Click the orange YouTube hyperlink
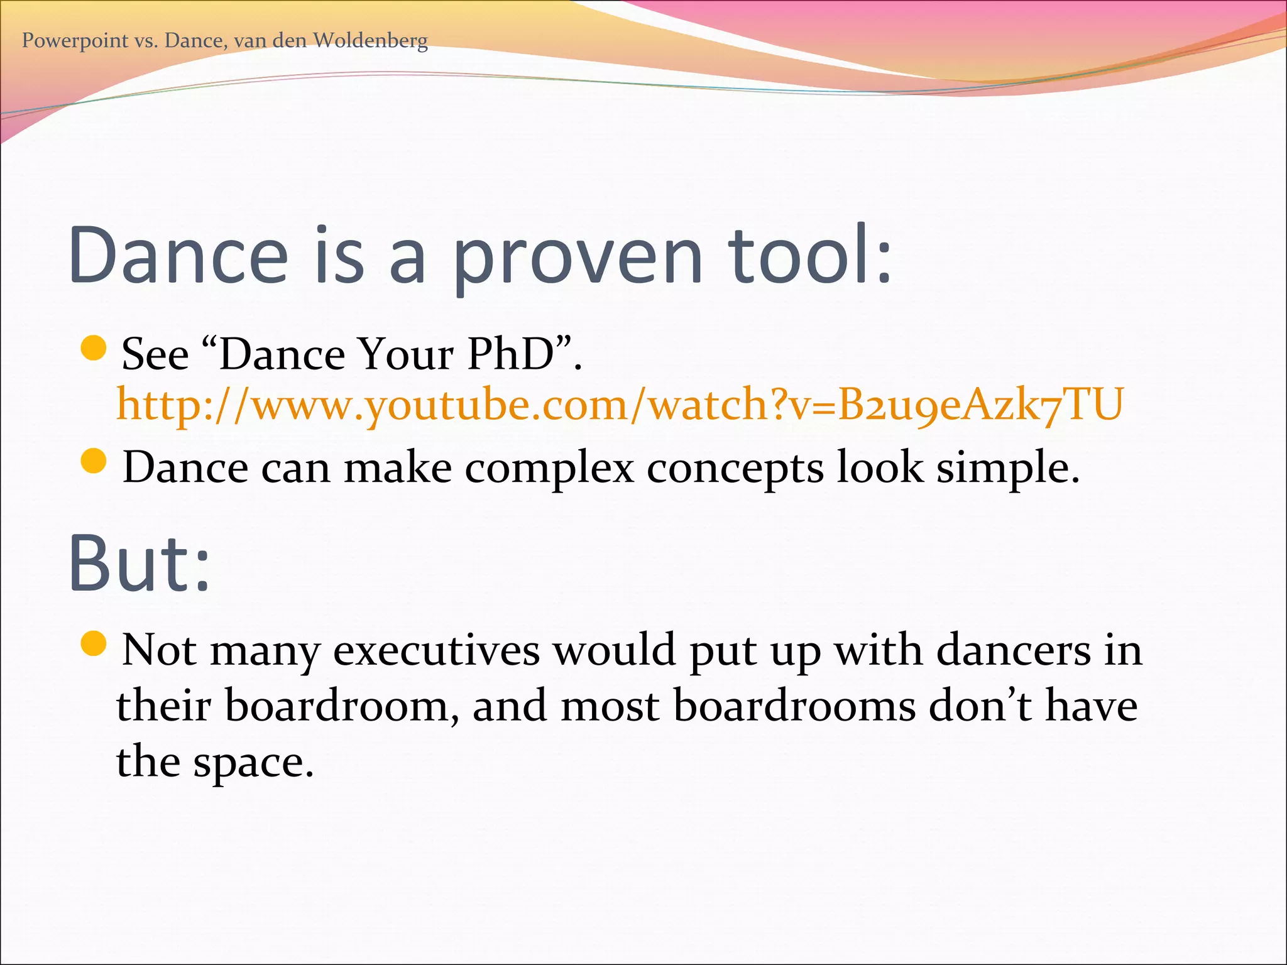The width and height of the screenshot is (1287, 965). click(619, 405)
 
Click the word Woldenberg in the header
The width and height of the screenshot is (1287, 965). click(370, 41)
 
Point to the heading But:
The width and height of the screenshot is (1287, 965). click(140, 564)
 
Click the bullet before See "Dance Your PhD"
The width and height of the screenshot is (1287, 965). click(94, 349)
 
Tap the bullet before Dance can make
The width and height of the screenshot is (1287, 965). click(94, 462)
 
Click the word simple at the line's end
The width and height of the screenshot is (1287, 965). click(1007, 469)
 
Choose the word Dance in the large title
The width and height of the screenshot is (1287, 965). click(178, 256)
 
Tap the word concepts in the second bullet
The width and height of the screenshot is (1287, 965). click(735, 469)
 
